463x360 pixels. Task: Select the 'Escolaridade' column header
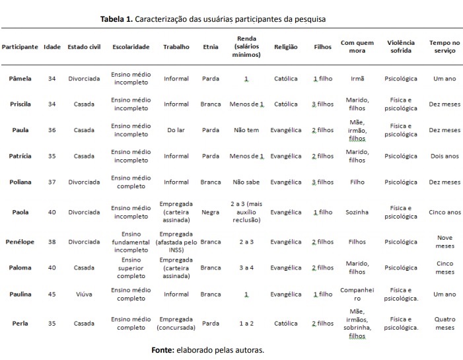(x=131, y=47)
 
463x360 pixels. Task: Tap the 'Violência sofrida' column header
(x=401, y=47)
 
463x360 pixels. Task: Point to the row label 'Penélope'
(x=20, y=242)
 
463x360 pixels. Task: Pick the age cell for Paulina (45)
(x=52, y=294)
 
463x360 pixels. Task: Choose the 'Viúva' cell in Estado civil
(x=84, y=294)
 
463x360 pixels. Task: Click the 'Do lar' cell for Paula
(x=176, y=130)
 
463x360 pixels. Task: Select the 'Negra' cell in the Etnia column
(x=211, y=212)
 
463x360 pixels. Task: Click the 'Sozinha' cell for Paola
(x=357, y=212)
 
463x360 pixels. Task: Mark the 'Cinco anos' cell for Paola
(x=445, y=212)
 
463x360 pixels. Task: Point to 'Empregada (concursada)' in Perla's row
(x=176, y=323)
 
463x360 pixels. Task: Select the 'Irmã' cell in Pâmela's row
(x=357, y=79)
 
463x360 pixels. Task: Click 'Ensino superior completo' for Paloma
(x=131, y=268)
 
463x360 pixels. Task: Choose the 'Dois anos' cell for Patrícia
(x=445, y=156)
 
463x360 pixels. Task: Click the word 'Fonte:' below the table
(x=163, y=349)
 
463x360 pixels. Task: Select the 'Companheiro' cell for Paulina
(x=357, y=294)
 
